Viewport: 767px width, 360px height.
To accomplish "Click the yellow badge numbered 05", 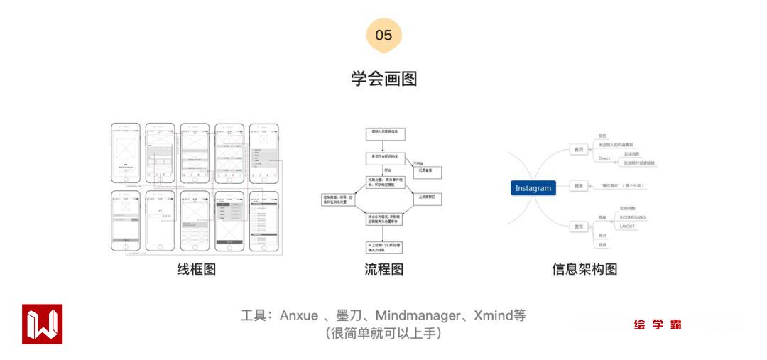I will [x=383, y=36].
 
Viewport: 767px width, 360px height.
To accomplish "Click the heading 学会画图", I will [x=383, y=78].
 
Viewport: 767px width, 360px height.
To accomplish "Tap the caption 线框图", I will [x=196, y=269].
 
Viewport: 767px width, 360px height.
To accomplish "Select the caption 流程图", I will [x=383, y=269].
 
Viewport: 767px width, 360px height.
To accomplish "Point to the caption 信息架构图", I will [x=584, y=269].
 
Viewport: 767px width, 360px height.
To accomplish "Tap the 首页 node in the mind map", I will [x=579, y=149].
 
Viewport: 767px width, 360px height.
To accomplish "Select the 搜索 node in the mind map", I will [x=579, y=186].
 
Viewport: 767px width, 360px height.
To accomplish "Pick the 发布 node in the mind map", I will [x=579, y=227].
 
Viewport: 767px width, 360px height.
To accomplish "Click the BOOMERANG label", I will [x=633, y=217].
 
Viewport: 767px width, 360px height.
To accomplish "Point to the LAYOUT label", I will [x=627, y=226].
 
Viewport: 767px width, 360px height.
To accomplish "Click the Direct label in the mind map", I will [x=604, y=158].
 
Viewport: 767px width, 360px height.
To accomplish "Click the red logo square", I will [x=42, y=324].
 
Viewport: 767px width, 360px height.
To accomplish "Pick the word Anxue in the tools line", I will [x=299, y=315].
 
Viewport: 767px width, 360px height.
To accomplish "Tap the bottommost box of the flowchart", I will [x=383, y=248].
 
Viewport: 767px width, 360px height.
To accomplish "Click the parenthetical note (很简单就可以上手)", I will [x=383, y=333].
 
